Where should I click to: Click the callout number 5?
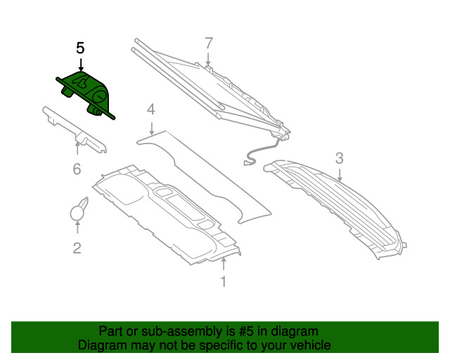click(x=80, y=49)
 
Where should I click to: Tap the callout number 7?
click(x=209, y=44)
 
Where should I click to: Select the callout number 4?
click(x=151, y=110)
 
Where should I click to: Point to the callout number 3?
click(x=339, y=158)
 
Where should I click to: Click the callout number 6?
click(x=77, y=169)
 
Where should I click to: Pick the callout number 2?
click(x=77, y=248)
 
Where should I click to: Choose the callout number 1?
click(x=224, y=281)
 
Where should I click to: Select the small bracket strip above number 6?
click(x=75, y=129)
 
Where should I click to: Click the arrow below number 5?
click(x=81, y=65)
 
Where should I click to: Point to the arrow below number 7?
click(x=208, y=59)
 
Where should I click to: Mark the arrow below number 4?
click(x=152, y=129)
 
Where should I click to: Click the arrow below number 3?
click(x=340, y=175)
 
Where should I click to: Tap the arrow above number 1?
click(x=224, y=264)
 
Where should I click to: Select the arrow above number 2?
click(x=77, y=227)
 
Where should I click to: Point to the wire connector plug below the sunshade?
click(x=246, y=163)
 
